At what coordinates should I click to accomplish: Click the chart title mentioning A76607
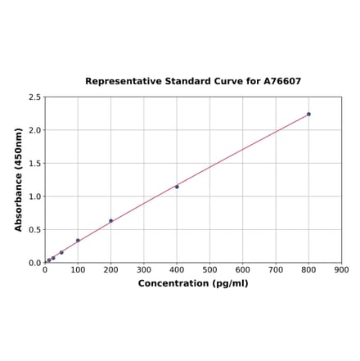pos(193,82)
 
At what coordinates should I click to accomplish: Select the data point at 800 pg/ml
pos(308,114)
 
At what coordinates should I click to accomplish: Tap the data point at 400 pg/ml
pos(177,187)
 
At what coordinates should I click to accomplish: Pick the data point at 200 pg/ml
pos(110,220)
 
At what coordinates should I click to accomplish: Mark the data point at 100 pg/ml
pos(78,241)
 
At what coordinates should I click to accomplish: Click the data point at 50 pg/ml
pos(61,252)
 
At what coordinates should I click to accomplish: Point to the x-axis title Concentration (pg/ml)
pos(193,283)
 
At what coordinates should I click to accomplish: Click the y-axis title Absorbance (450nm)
pos(19,179)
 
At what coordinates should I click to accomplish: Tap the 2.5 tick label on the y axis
pos(35,97)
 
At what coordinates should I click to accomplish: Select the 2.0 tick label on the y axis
pos(35,130)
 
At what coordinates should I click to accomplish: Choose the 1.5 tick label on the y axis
pos(35,163)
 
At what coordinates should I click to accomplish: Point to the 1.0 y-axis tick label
pos(35,196)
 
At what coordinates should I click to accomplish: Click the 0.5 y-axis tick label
pos(35,229)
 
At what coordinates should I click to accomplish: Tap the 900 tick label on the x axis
pos(342,269)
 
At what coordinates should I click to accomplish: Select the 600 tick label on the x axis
pos(243,269)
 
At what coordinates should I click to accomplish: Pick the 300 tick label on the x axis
pos(144,269)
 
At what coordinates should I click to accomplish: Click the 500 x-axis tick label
pos(209,269)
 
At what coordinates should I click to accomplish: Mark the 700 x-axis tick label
pos(276,269)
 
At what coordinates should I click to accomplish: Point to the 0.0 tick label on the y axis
pos(35,263)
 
